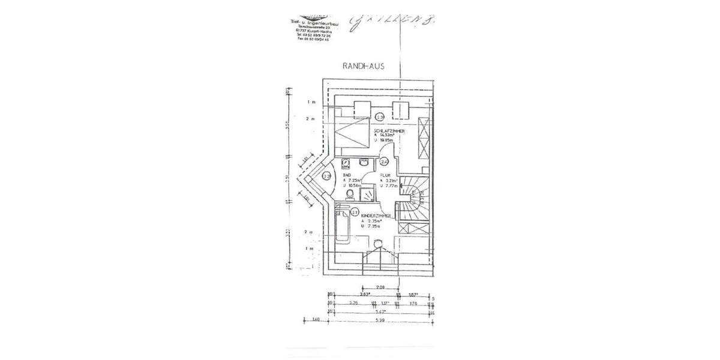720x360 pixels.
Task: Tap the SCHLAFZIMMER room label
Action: coord(388,130)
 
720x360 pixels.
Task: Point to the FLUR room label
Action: coord(385,174)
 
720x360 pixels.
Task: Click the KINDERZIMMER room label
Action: coord(377,215)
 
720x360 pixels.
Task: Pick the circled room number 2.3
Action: coord(380,117)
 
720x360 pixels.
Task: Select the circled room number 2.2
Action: coord(326,176)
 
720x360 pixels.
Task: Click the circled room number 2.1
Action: coord(355,212)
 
